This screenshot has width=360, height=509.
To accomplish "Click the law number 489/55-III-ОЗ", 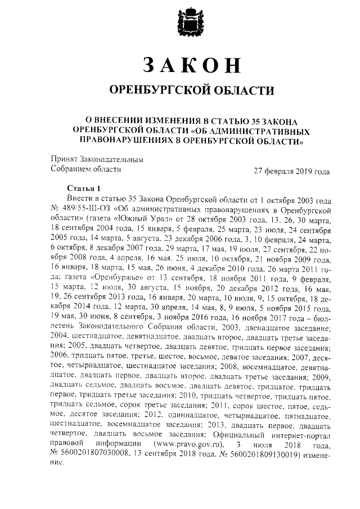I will pyautogui.click(x=85, y=210).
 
